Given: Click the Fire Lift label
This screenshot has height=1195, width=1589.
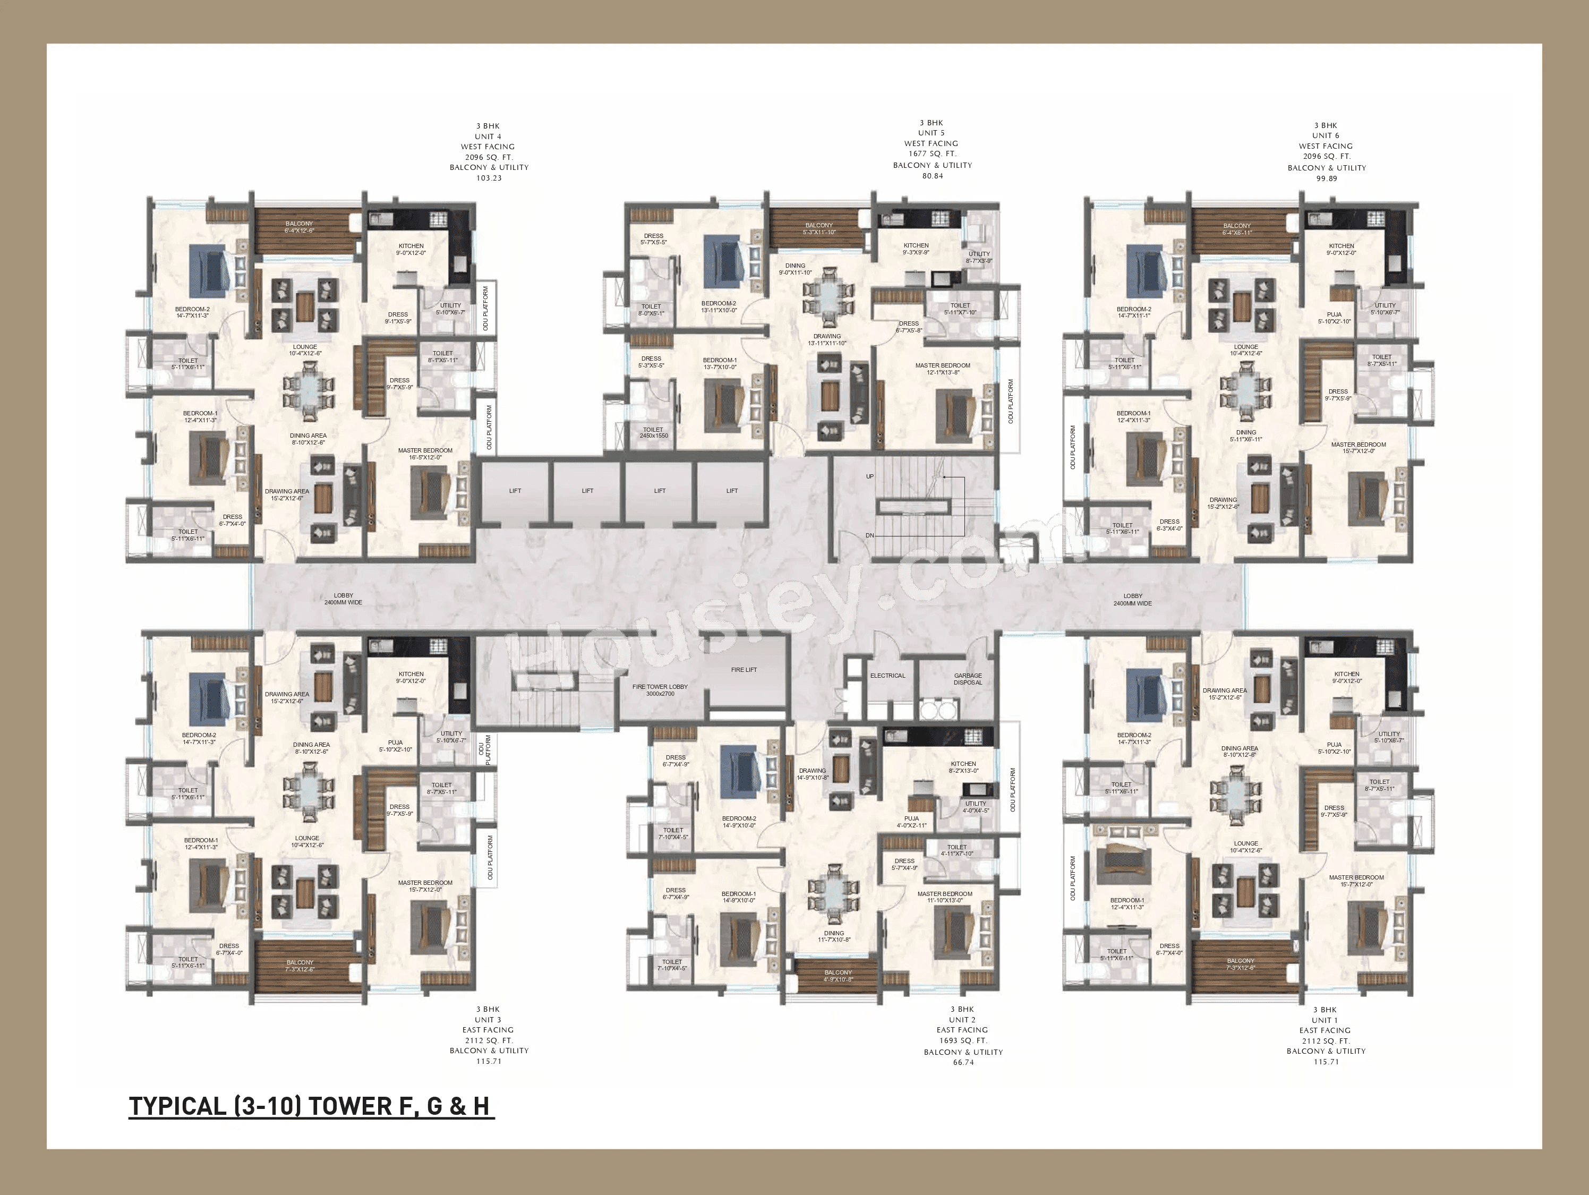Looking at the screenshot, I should (744, 670).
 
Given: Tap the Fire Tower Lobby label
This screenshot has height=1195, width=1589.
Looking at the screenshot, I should (660, 690).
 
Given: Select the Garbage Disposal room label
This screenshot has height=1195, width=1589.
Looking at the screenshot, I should (968, 678).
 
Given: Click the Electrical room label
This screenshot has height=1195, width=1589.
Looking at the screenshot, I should (887, 676).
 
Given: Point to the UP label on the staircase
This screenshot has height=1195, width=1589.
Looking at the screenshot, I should (869, 476).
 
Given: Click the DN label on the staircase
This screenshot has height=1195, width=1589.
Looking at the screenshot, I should (869, 535).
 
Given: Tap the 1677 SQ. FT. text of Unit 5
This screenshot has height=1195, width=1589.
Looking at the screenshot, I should (932, 154).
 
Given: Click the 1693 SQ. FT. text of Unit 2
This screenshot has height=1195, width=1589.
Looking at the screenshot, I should (963, 1040).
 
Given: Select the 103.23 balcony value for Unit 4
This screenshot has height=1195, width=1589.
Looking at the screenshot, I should (489, 177).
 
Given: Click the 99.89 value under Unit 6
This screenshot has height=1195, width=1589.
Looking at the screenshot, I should (1326, 178).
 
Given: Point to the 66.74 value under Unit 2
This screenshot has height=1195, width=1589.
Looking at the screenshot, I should (963, 1062).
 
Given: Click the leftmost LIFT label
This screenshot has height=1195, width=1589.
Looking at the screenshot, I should (515, 491).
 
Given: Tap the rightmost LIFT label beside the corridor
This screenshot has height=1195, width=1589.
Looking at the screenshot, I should (732, 491).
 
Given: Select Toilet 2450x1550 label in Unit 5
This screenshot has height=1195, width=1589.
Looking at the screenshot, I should (653, 432).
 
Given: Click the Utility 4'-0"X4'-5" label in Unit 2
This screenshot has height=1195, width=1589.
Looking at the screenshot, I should (975, 807).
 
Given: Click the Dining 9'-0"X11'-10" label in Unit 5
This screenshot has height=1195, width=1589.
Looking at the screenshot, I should (795, 269).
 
